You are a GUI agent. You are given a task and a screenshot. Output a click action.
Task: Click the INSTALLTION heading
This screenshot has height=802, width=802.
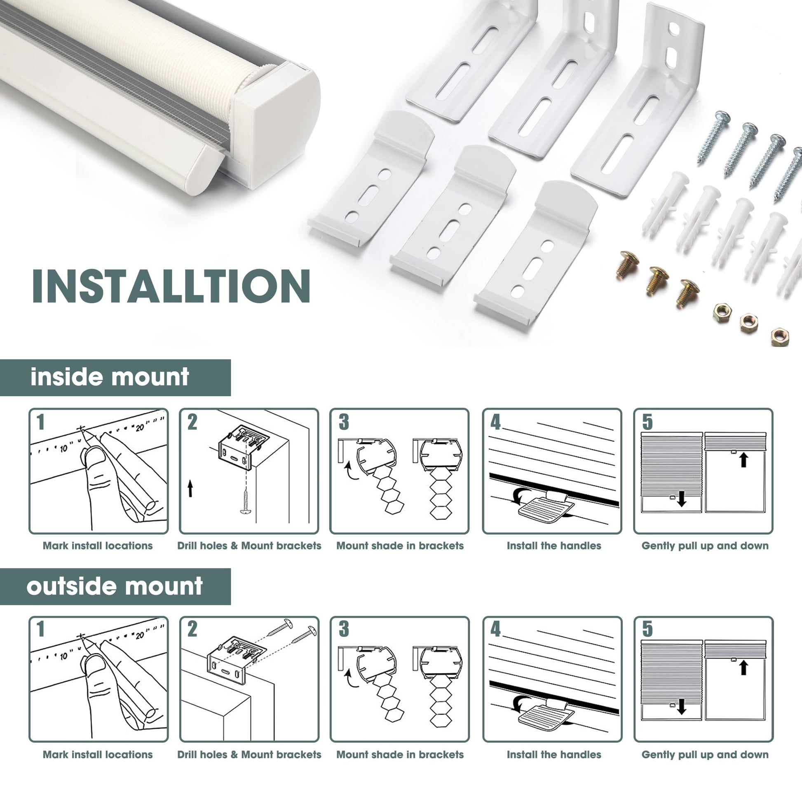click(171, 286)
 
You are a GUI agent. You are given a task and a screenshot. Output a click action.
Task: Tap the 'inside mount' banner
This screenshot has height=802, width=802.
click(115, 378)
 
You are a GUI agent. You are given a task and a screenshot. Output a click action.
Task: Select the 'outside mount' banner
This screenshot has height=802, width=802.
click(115, 586)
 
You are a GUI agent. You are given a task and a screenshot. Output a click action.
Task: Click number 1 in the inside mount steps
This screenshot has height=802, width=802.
click(40, 422)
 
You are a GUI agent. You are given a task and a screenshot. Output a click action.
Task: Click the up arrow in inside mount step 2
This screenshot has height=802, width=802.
click(190, 489)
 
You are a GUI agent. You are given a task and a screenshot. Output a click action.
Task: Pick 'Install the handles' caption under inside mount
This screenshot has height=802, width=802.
click(554, 546)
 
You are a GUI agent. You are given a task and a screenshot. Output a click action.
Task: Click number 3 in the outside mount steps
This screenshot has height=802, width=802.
click(344, 629)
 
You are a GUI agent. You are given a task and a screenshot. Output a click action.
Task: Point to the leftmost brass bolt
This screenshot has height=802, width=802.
click(627, 265)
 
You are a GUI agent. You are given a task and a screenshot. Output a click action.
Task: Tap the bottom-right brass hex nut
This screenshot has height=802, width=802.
click(780, 336)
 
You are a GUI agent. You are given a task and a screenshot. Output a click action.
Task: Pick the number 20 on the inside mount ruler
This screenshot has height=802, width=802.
click(139, 427)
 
